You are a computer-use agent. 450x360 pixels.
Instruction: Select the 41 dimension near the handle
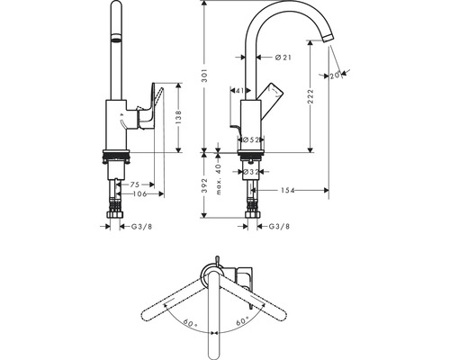pos(238,90)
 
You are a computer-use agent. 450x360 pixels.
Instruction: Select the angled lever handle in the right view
pos(270,92)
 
